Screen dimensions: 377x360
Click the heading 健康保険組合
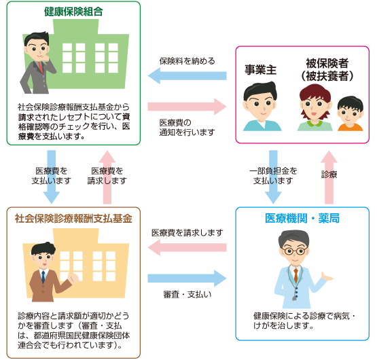point(73,12)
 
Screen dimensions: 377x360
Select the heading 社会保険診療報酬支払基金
point(73,218)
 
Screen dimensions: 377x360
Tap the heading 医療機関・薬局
point(302,218)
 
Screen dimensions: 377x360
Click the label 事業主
point(260,70)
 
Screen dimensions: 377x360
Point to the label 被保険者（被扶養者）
point(327,70)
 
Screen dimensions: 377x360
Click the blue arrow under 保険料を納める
point(187,76)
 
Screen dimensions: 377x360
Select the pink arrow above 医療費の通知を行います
point(187,107)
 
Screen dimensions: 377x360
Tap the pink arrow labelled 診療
point(329,177)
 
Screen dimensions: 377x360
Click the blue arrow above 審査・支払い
point(187,278)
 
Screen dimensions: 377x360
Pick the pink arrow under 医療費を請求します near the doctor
point(187,247)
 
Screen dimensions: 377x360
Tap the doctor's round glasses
point(294,251)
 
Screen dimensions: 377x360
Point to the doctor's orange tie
point(295,274)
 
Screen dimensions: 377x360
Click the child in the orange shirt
point(350,113)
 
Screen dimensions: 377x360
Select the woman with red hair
point(315,107)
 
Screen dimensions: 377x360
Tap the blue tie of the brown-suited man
point(43,277)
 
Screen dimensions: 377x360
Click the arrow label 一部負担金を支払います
point(273,175)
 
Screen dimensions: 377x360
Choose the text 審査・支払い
point(187,294)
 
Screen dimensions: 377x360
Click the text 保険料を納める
point(187,61)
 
